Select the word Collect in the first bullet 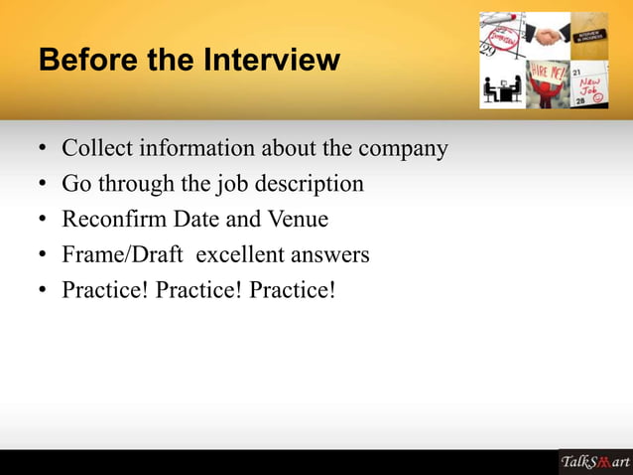coord(96,149)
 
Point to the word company coord(403,150)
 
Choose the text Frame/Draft coord(122,255)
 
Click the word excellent coord(243,255)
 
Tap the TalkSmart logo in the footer coord(594,462)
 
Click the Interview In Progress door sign coord(590,36)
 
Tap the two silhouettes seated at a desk coord(502,89)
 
